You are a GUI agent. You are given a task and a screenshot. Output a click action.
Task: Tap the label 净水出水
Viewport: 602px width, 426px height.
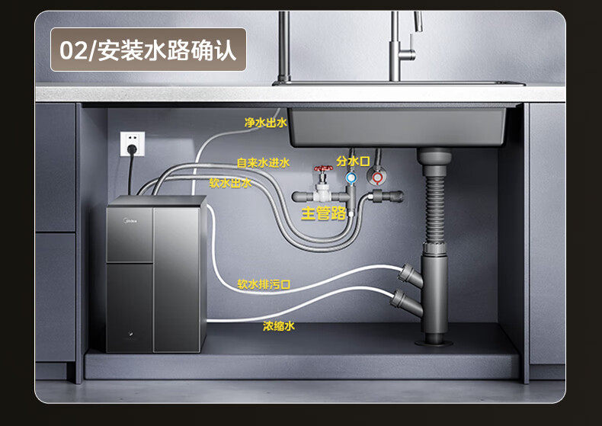click(266, 122)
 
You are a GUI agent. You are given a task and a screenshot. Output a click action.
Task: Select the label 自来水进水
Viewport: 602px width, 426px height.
click(263, 162)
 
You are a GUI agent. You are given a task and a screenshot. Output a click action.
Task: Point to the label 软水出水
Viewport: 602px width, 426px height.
click(230, 183)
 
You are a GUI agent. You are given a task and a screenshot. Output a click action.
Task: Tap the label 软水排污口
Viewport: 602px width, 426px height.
click(264, 284)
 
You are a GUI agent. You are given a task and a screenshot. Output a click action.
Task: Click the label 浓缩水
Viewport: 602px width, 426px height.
click(278, 325)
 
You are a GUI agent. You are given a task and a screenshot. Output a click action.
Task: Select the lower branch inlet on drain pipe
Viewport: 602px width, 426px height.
click(400, 297)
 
